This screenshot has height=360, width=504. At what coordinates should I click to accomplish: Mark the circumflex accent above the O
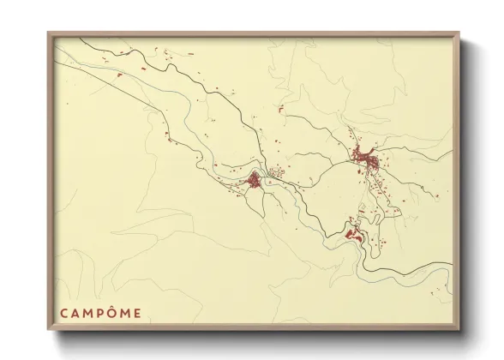tap(113, 306)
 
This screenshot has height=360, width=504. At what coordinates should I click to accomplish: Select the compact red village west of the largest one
tap(255, 180)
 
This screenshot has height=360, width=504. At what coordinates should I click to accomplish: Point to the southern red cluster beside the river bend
tap(352, 232)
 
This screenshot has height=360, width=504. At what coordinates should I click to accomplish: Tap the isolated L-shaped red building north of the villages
tap(279, 109)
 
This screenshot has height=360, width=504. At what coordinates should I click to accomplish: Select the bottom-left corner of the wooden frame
tap(49, 330)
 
